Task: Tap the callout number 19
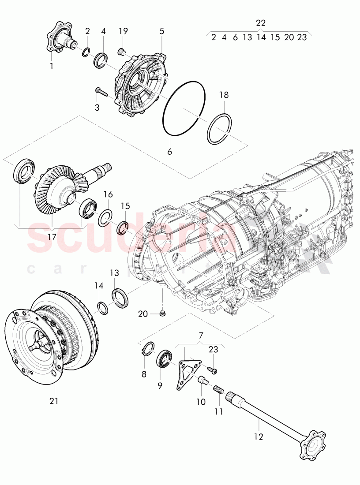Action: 123,31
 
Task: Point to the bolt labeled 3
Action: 101,91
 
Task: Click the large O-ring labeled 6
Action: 184,108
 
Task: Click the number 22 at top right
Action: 261,23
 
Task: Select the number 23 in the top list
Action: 302,37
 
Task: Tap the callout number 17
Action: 52,236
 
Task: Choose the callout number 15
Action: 125,206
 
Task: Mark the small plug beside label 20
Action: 162,313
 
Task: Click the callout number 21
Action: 54,401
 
